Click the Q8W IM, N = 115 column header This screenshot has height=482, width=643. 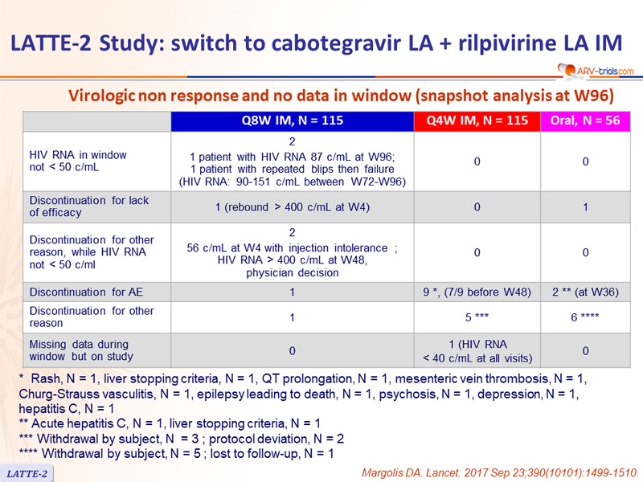pyautogui.click(x=292, y=120)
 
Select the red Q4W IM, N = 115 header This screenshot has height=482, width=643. pyautogui.click(x=477, y=120)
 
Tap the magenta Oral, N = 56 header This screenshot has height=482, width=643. pyautogui.click(x=585, y=120)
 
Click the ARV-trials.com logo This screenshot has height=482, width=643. pyautogui.click(x=596, y=70)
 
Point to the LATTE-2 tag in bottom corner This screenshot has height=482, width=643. pyautogui.click(x=27, y=473)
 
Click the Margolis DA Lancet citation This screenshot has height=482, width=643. pyautogui.click(x=500, y=473)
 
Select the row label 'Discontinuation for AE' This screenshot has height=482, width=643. pyautogui.click(x=86, y=292)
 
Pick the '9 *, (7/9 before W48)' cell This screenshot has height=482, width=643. pyautogui.click(x=477, y=292)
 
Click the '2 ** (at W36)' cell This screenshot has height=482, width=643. pyautogui.click(x=585, y=292)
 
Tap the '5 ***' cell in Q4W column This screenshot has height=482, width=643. pyautogui.click(x=477, y=317)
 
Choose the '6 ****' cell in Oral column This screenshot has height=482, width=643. pyautogui.click(x=585, y=317)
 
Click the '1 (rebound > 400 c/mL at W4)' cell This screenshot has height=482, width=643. pyautogui.click(x=293, y=207)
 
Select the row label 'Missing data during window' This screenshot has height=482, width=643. pyautogui.click(x=81, y=350)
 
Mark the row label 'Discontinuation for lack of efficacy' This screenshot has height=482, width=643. pyautogui.click(x=89, y=206)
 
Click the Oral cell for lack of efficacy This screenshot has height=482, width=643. pyautogui.click(x=585, y=207)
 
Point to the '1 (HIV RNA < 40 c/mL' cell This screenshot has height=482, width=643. pyautogui.click(x=477, y=351)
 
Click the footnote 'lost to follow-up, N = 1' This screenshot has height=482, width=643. pyautogui.click(x=272, y=454)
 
